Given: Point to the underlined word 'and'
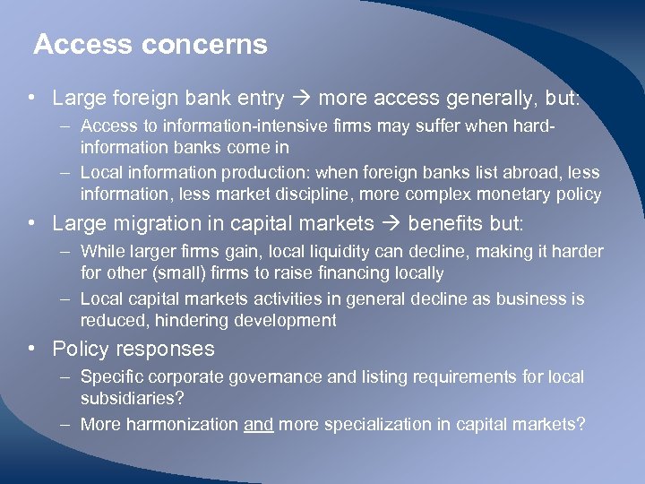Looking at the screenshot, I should (258, 424).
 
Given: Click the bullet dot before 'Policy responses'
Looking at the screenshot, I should (31, 349).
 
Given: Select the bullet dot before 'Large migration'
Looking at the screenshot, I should (31, 222).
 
